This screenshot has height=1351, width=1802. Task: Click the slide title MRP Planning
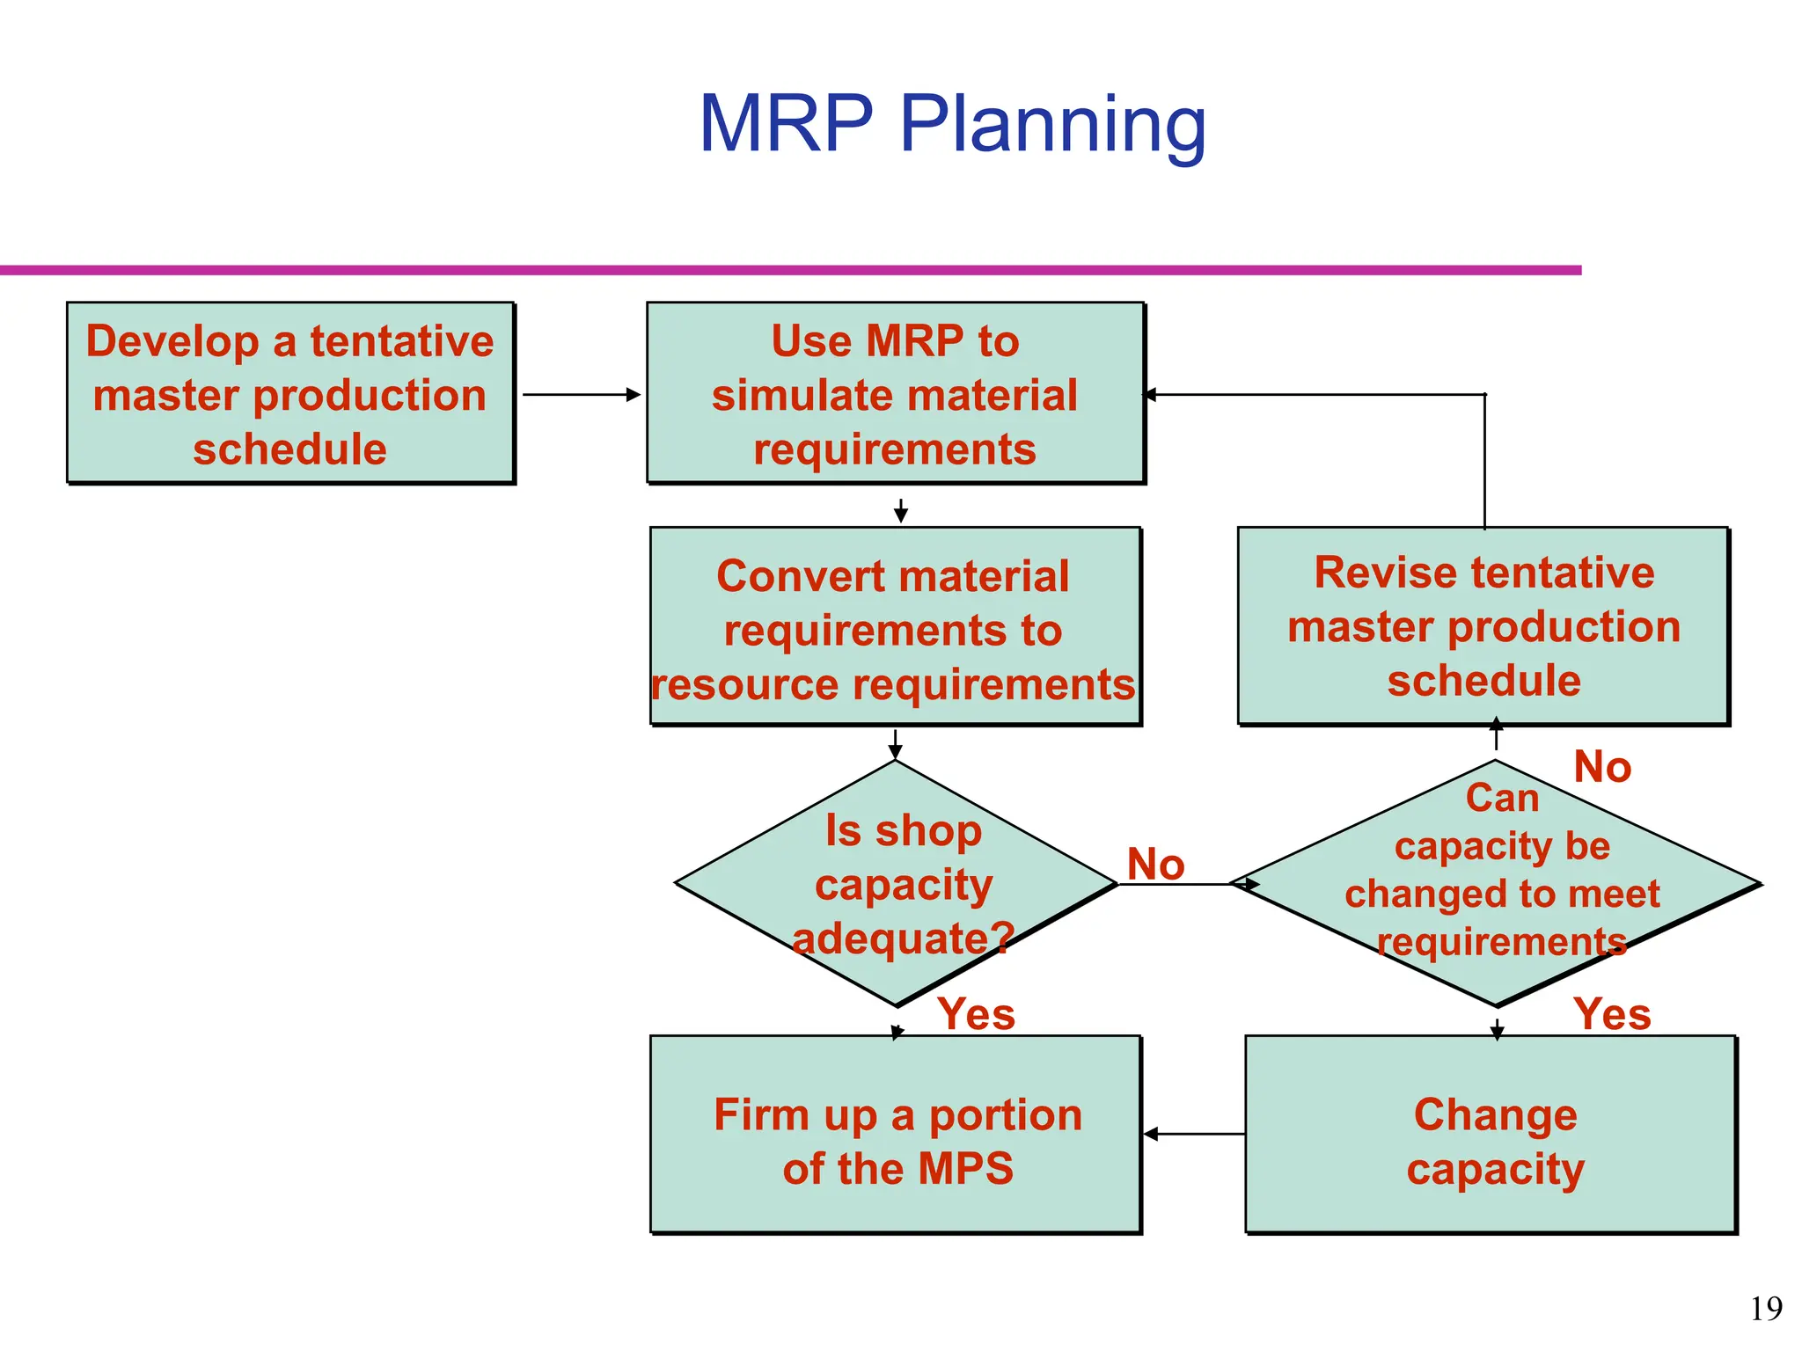pyautogui.click(x=952, y=125)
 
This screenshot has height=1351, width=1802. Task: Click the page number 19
pyautogui.click(x=1765, y=1309)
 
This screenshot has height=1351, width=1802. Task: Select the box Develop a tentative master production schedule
pyautogui.click(x=290, y=393)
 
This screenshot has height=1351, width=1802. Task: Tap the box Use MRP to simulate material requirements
pyautogui.click(x=895, y=393)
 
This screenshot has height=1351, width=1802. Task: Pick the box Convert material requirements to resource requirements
pyautogui.click(x=895, y=626)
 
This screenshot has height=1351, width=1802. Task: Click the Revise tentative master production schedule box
pyautogui.click(x=1483, y=626)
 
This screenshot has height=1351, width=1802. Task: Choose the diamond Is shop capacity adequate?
pyautogui.click(x=896, y=883)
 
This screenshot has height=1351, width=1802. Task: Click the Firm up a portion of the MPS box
pyautogui.click(x=895, y=1135)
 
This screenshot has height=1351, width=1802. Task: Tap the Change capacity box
pyautogui.click(x=1491, y=1135)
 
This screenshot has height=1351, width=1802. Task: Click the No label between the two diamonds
pyautogui.click(x=1155, y=864)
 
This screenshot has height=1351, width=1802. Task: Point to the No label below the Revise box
pyautogui.click(x=1601, y=767)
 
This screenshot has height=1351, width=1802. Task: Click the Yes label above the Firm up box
pyautogui.click(x=975, y=1014)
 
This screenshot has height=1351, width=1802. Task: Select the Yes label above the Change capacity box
pyautogui.click(x=1611, y=1014)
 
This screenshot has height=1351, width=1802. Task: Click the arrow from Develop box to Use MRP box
pyautogui.click(x=581, y=395)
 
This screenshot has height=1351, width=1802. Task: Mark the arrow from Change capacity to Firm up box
pyautogui.click(x=1194, y=1135)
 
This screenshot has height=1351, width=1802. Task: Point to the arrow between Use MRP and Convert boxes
pyautogui.click(x=900, y=510)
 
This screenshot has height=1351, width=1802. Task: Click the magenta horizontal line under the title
pyautogui.click(x=792, y=270)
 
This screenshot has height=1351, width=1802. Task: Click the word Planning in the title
pyautogui.click(x=1052, y=125)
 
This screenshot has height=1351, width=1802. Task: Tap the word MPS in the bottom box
pyautogui.click(x=965, y=1169)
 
